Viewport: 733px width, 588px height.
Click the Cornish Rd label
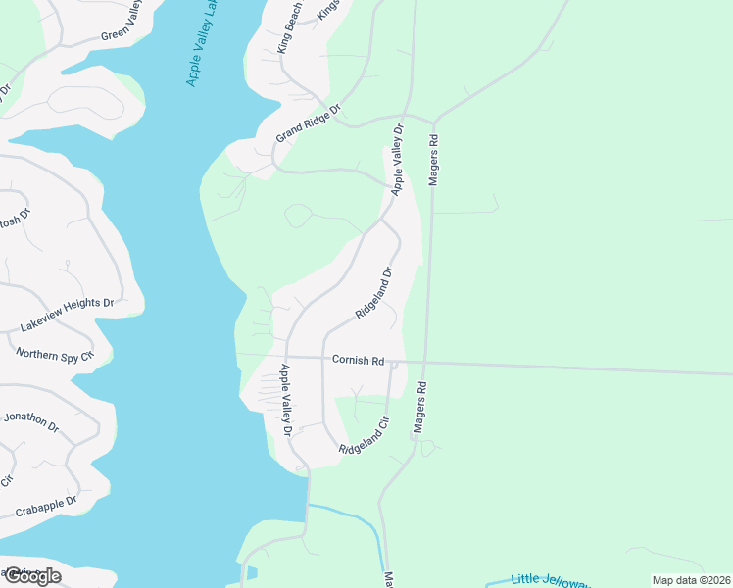tap(358, 360)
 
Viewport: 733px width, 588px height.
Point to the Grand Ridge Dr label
tap(307, 123)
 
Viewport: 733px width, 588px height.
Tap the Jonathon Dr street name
tap(31, 421)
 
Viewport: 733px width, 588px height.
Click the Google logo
tap(31, 576)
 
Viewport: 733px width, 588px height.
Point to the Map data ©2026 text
tap(692, 580)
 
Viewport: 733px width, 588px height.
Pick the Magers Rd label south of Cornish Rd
tap(419, 408)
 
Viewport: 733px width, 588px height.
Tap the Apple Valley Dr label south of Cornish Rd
tap(287, 400)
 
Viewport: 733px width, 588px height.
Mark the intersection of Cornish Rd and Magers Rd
tap(426, 363)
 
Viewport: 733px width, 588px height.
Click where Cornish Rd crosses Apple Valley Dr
tap(285, 357)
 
